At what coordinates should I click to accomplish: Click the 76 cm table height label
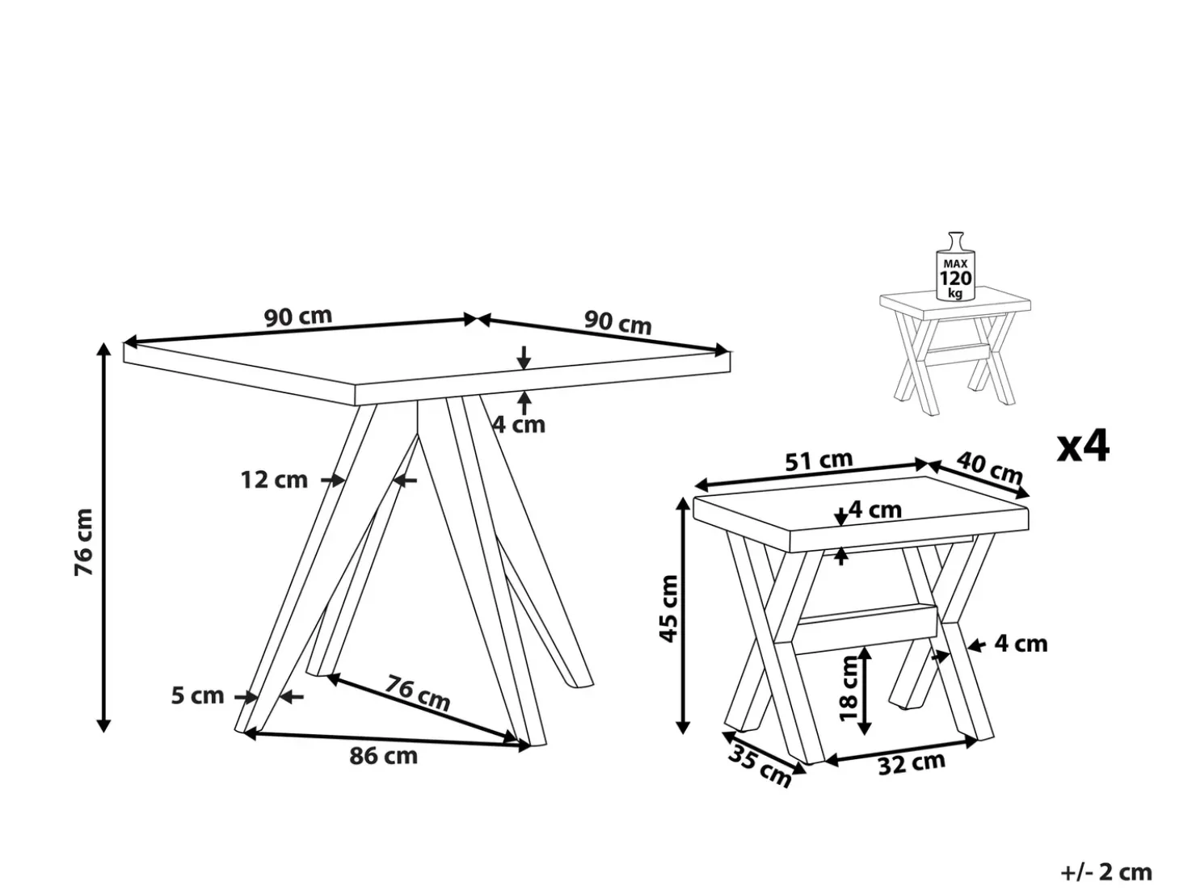[x=84, y=543]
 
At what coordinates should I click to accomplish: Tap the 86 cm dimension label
[x=383, y=756]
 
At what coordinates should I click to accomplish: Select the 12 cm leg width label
[x=274, y=480]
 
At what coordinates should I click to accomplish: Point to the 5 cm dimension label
[x=197, y=695]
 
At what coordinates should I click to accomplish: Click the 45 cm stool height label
[x=669, y=609]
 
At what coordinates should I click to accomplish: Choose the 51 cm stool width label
[x=819, y=460]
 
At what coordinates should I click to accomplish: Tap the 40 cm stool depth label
[x=989, y=468]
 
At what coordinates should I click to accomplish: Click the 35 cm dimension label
[x=760, y=766]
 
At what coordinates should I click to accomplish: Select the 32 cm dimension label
[x=912, y=764]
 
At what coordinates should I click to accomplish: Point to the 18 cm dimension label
[x=849, y=688]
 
